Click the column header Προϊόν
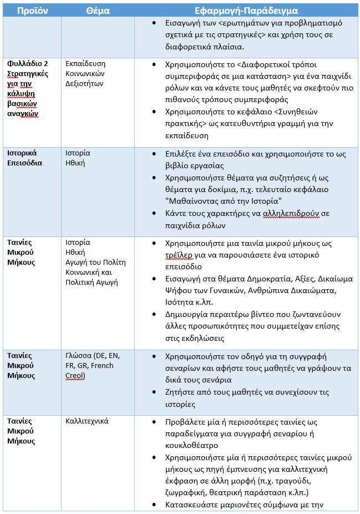[x=32, y=11]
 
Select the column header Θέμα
[x=98, y=11]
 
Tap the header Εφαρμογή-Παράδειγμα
[x=247, y=11]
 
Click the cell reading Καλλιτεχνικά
[x=87, y=421]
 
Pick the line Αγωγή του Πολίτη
[x=96, y=263]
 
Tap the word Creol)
[x=76, y=375]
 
